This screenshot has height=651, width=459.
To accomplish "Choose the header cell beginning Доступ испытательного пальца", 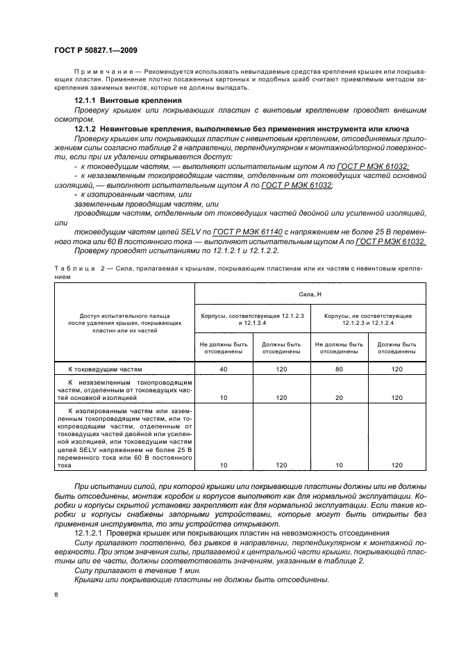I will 124,323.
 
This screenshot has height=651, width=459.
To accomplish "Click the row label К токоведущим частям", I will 104,369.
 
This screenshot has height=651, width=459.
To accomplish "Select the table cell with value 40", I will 224,369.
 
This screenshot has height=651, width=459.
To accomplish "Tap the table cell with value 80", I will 339,369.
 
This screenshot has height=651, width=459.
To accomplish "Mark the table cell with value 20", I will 339,398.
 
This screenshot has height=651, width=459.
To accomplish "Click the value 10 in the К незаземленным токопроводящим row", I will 224,398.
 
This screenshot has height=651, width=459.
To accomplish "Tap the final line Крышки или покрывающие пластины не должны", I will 201,580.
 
